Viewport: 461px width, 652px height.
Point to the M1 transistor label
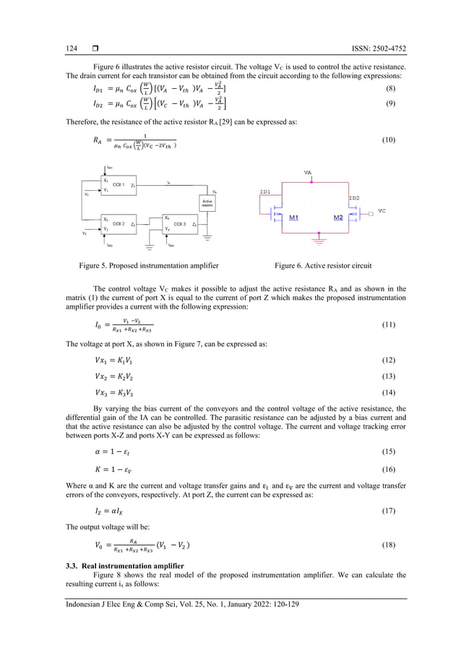[x=295, y=217]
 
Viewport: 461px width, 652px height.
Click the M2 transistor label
[x=338, y=217]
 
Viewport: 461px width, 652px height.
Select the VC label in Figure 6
[x=382, y=211]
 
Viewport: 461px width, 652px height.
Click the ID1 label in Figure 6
[x=266, y=192]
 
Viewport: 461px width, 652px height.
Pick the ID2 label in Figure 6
[x=353, y=197]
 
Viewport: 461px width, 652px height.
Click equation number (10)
[x=388, y=140]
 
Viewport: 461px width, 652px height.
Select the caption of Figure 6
[x=324, y=265]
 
